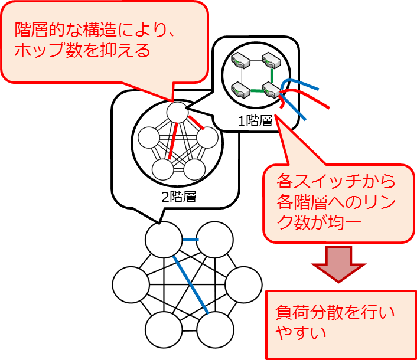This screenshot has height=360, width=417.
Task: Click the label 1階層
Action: [x=255, y=122]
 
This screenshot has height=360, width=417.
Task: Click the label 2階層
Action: [x=179, y=197]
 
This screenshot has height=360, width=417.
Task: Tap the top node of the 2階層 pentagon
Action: [x=177, y=112]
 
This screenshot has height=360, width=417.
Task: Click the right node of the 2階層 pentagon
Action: [x=207, y=138]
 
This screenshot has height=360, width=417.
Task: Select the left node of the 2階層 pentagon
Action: [x=148, y=138]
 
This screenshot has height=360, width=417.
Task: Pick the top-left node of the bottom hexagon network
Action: [x=162, y=240]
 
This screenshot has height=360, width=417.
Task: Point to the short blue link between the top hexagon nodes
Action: [x=190, y=240]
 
